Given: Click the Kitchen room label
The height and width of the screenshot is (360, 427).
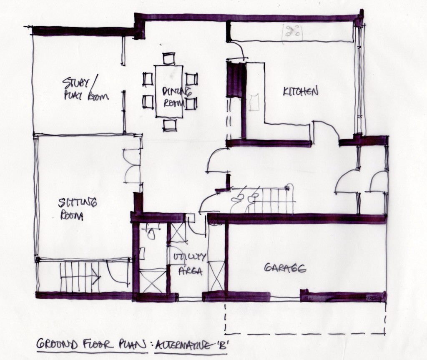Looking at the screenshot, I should tap(301, 91).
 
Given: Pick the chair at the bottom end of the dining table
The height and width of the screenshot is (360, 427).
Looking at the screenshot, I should tap(169, 125).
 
